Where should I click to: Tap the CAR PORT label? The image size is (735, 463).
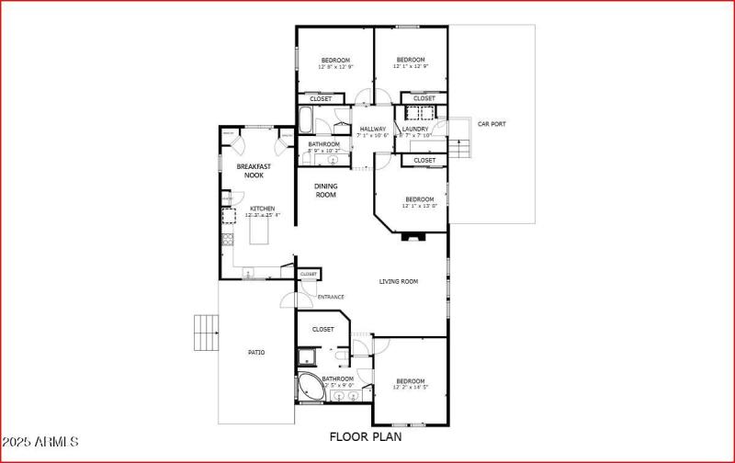point(492,124)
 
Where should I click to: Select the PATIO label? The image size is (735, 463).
point(256,352)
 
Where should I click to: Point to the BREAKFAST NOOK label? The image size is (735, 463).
point(249,171)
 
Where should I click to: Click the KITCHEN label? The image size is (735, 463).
point(263,209)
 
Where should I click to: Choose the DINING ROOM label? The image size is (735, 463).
point(326,190)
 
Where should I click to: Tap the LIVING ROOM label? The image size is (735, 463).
point(399,281)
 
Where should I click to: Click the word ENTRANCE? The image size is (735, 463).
point(331,297)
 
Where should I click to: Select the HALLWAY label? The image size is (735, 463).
point(372,129)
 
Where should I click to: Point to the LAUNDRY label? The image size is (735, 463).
point(415,129)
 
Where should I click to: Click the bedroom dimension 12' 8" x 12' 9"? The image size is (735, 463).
point(335,67)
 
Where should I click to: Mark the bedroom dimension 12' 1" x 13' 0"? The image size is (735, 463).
point(420,206)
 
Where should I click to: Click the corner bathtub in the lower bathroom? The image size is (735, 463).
point(308,386)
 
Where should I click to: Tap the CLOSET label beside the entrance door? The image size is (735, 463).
point(308,274)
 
